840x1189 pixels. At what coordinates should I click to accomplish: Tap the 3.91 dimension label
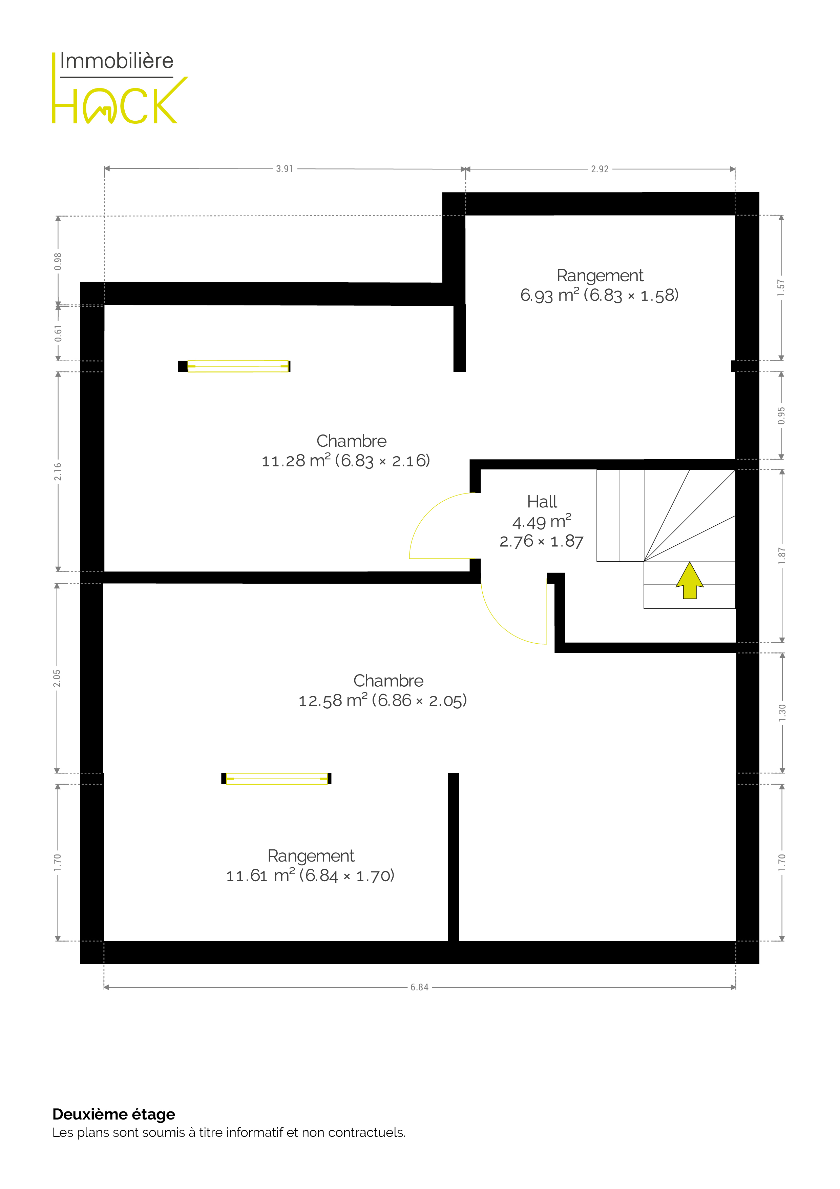(285, 169)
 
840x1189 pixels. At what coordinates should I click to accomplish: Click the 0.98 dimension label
(58, 261)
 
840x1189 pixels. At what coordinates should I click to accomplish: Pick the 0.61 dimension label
(58, 334)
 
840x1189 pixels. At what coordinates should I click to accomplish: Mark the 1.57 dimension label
(781, 288)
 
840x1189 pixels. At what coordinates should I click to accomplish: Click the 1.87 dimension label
(782, 556)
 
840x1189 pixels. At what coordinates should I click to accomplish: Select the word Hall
(542, 502)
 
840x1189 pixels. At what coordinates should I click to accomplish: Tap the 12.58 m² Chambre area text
(382, 701)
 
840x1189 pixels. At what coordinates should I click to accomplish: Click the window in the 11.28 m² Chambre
(234, 366)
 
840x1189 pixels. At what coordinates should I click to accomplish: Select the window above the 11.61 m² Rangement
(276, 778)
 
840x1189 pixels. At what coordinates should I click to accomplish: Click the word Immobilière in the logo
(117, 61)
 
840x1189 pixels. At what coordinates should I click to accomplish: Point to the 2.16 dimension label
(58, 471)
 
